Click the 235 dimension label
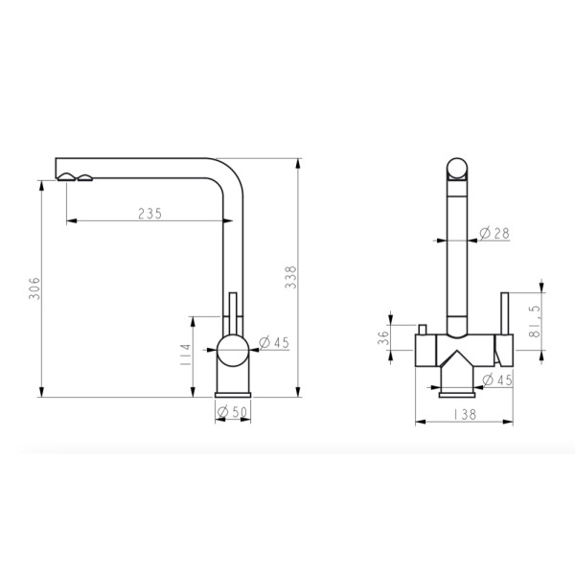[149, 214]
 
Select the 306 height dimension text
[34, 288]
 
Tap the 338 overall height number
[290, 277]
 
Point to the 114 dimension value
[186, 355]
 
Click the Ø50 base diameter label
[233, 412]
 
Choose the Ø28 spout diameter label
[494, 233]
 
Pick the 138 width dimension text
[465, 414]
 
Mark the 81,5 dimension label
[535, 322]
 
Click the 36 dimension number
[382, 337]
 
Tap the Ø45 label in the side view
[274, 342]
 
